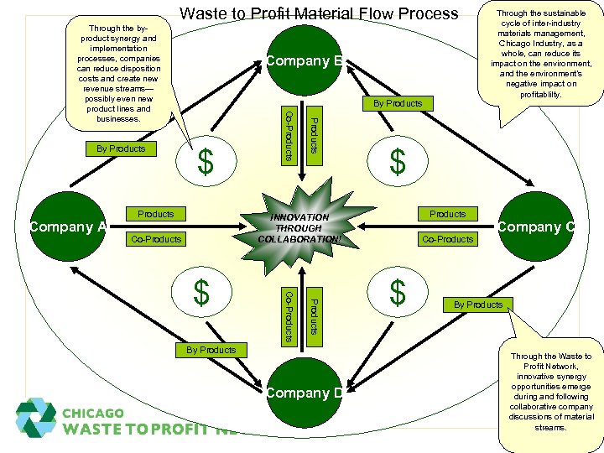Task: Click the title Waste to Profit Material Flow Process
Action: (320, 13)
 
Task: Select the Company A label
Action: (67, 226)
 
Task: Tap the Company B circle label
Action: (303, 60)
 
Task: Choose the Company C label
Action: (535, 226)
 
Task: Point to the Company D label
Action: (304, 393)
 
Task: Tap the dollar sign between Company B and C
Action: (398, 161)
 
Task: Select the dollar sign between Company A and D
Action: (201, 293)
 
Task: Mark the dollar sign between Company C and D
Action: (398, 293)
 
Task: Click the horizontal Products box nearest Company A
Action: (156, 214)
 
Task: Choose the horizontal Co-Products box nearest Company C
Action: (448, 239)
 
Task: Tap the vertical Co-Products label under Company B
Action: (287, 134)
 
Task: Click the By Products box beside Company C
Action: (478, 305)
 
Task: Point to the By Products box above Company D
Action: (211, 350)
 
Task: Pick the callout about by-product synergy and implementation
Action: (116, 73)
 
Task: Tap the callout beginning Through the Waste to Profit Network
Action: (550, 392)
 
